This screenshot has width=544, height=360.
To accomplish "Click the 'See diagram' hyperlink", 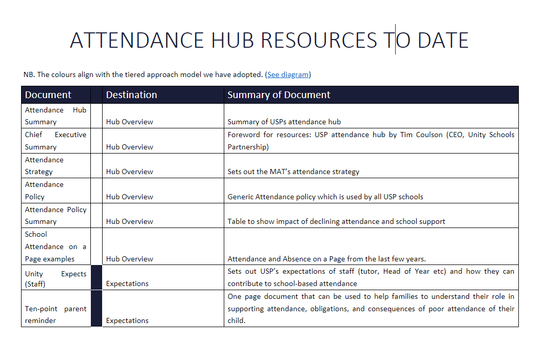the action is point(287,74).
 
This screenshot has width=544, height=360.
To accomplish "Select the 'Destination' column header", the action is point(131,95).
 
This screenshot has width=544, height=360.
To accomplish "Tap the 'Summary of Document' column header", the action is point(279,95).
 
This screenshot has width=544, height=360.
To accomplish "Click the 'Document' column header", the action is point(48,95).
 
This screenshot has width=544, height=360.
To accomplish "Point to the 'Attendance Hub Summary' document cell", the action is point(55,116).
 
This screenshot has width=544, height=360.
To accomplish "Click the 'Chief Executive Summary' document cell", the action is point(55,141).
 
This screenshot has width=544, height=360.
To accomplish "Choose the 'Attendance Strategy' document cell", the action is point(55,165).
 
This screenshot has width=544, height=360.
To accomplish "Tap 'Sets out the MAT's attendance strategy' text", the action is point(293,172).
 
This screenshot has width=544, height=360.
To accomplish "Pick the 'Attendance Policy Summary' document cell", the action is point(55,215).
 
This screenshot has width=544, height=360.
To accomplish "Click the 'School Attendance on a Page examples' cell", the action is point(55,246).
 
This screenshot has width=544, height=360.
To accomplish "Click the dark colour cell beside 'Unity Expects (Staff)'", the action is point(96,277).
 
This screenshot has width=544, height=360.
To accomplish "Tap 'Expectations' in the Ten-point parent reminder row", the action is point(127,320).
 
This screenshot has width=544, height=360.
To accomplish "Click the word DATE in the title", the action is point(443,40).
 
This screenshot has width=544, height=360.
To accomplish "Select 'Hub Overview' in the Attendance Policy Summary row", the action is point(129,221).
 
